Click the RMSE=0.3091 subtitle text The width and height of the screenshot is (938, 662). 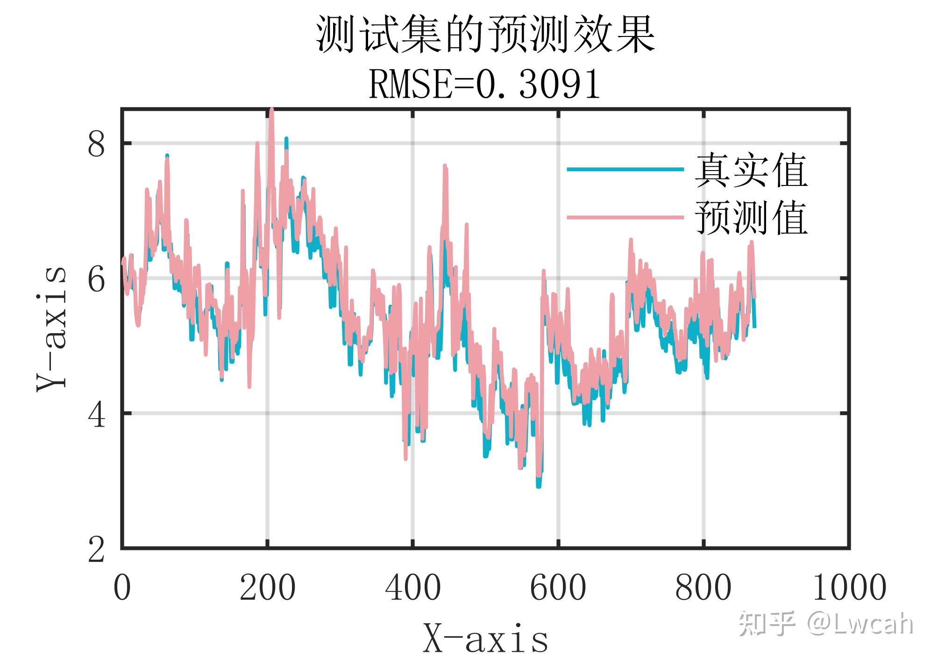point(485,85)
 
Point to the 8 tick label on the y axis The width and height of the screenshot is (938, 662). point(96,144)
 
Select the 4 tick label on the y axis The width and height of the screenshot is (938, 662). point(96,415)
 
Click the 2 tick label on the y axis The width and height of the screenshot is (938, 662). point(96,550)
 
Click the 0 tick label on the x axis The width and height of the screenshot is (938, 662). point(122,588)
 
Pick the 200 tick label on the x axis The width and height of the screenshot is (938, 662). point(267,588)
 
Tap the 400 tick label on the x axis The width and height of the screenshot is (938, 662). point(412,588)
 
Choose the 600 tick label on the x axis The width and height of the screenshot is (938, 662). point(558,588)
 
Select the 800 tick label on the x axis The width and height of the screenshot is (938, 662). point(703,588)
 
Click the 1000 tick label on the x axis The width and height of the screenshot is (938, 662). point(849,588)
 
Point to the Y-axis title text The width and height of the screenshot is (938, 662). point(51,329)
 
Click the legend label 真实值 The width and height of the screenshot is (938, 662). point(751,171)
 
